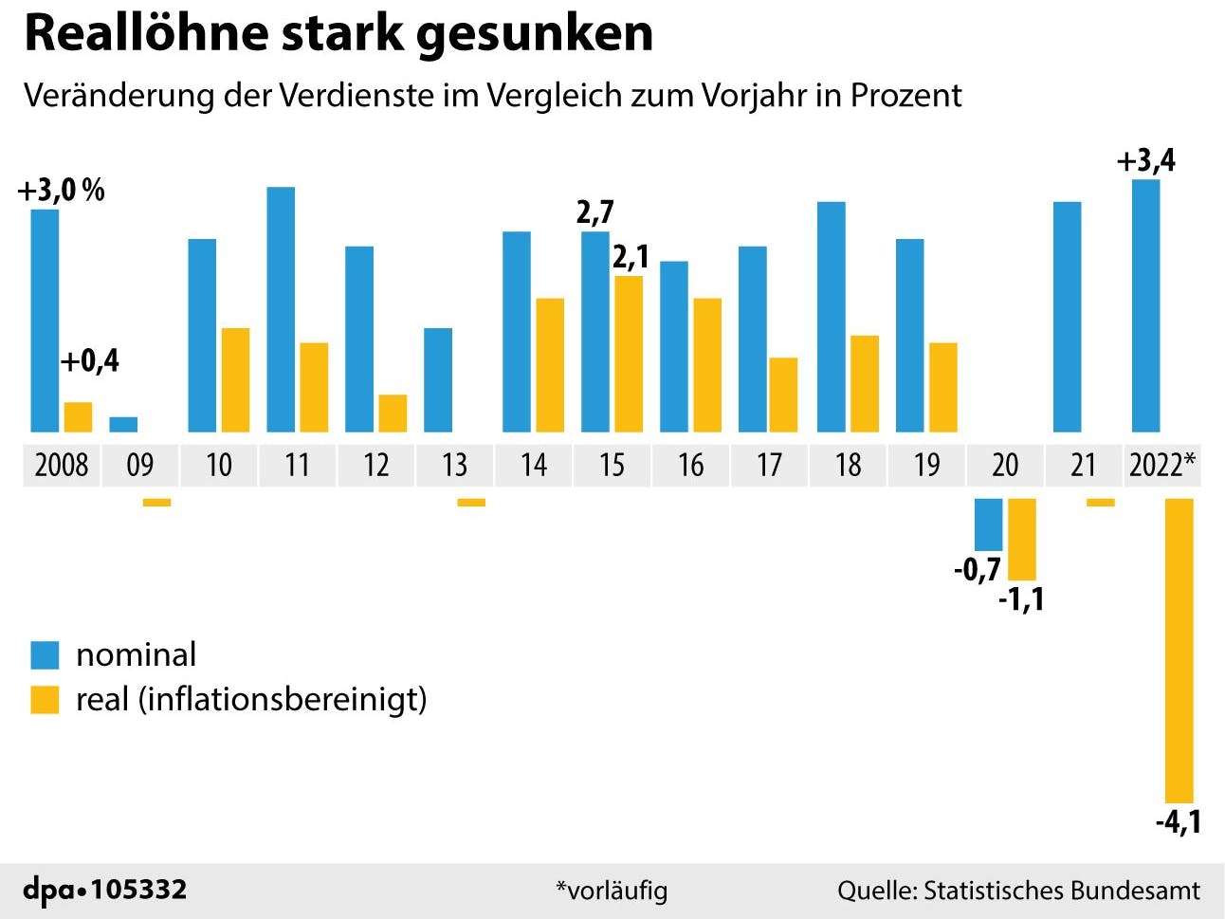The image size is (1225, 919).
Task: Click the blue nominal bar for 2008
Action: pyautogui.click(x=45, y=321)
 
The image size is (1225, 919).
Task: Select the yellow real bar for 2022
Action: pyautogui.click(x=1179, y=650)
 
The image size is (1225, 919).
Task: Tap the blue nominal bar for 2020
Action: pyautogui.click(x=989, y=524)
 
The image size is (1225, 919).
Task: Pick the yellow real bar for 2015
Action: pyautogui.click(x=629, y=354)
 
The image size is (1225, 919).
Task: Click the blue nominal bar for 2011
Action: pyautogui.click(x=281, y=309)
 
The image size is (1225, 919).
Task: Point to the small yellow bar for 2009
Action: pyautogui.click(x=156, y=503)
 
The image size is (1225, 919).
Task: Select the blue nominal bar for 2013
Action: pyautogui.click(x=438, y=379)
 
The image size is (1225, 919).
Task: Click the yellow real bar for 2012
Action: pyautogui.click(x=393, y=414)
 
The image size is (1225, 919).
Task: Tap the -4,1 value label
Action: pyautogui.click(x=1178, y=821)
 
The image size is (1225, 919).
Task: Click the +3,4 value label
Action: pyautogui.click(x=1145, y=160)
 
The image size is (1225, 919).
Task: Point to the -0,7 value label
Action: pyautogui.click(x=977, y=569)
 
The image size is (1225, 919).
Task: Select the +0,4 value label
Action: pyautogui.click(x=90, y=360)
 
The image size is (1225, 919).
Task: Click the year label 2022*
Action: pyautogui.click(x=1161, y=465)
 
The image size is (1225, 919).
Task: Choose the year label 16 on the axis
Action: pyautogui.click(x=690, y=465)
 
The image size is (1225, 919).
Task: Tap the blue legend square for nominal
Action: pyautogui.click(x=45, y=654)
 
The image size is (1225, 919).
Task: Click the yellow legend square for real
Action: pyautogui.click(x=45, y=700)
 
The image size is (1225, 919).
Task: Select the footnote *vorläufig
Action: pyautogui.click(x=612, y=891)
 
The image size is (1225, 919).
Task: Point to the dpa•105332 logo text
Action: pyautogui.click(x=105, y=890)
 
